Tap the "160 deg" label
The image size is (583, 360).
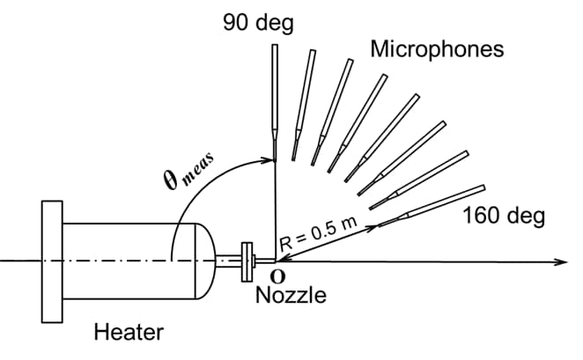point(504,215)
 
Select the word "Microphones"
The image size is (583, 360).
point(437,48)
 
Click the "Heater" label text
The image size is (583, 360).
point(128,332)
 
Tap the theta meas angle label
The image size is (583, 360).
point(183,180)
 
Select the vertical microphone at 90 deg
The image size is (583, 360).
point(275,97)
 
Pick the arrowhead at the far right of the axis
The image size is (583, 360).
point(558,261)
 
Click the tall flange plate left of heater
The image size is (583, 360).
point(51,261)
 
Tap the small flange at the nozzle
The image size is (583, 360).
point(247,261)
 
